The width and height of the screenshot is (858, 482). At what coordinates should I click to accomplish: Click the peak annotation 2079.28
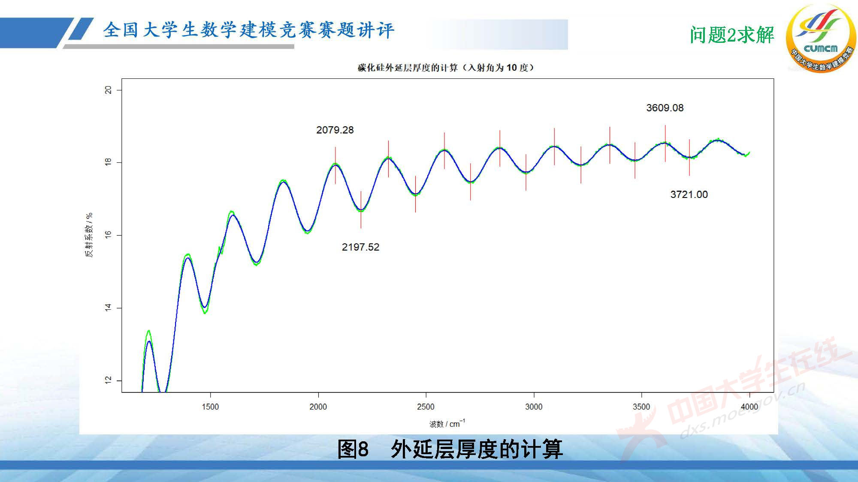(335, 130)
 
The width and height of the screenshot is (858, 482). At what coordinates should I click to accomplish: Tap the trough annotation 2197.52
(360, 247)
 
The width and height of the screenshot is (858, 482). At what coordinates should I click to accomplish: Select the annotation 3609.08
(665, 108)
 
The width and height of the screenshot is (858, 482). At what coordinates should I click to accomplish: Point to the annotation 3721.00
(689, 195)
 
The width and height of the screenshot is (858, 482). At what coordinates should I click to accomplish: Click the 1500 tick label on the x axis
(210, 407)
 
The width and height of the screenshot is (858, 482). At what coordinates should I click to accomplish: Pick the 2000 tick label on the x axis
(318, 407)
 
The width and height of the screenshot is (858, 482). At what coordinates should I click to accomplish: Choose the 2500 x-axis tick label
(426, 407)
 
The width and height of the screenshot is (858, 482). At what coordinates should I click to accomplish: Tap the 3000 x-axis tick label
(534, 407)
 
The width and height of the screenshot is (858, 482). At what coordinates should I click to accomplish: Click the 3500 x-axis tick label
(641, 407)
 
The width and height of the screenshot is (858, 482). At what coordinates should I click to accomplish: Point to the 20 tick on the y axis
(108, 90)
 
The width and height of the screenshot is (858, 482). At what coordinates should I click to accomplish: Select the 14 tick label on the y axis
(108, 308)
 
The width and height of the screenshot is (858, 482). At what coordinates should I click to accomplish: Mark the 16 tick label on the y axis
(108, 235)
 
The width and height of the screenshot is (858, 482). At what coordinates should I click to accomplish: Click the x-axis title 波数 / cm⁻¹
(447, 424)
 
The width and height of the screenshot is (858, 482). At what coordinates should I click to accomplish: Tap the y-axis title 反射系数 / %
(89, 235)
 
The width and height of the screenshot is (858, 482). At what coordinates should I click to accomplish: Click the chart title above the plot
(446, 68)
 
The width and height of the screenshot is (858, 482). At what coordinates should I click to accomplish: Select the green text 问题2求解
(732, 35)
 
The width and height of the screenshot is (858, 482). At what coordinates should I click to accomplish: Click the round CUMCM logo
(820, 39)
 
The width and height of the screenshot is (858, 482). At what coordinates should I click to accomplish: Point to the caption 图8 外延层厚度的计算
(450, 449)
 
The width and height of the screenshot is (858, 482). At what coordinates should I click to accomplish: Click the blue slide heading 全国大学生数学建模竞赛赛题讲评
(248, 30)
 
